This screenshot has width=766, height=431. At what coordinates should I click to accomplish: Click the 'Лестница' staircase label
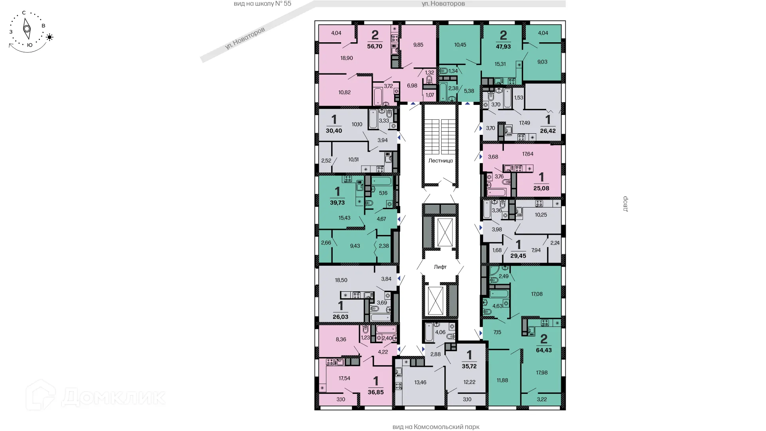440,161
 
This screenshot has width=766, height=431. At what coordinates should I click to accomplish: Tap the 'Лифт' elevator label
440,267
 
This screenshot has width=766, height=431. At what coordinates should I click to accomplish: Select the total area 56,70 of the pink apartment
375,46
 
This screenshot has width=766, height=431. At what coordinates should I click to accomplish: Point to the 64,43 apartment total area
544,350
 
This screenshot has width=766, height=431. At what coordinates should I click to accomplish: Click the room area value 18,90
347,58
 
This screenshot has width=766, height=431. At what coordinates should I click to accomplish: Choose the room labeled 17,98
542,373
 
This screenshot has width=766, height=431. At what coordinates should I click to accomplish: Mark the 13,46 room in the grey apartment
420,383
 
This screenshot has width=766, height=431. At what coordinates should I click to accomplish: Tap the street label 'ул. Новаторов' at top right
443,4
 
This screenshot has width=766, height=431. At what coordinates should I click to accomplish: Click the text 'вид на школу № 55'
263,4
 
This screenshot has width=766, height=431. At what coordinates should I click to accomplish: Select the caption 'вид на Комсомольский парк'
436,427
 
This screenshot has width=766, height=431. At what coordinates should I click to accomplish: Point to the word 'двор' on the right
625,204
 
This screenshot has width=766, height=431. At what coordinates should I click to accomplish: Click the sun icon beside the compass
50,38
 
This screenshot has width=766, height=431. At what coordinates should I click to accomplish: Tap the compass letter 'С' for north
24,13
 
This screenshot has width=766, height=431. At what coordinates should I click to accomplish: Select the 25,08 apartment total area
541,188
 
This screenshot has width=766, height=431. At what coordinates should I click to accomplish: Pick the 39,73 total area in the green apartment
337,203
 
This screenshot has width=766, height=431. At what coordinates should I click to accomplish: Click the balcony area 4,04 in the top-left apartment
336,33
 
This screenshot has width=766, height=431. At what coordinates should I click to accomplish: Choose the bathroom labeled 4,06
440,332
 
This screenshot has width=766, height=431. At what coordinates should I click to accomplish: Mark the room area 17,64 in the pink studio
527,154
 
